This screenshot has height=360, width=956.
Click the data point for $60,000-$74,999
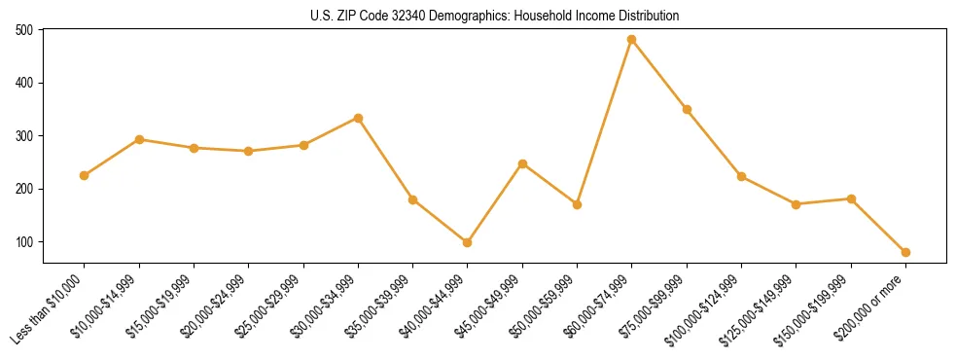coord(631,40)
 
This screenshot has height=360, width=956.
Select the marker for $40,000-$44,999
coord(468,242)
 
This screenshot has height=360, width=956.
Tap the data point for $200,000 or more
coord(905,252)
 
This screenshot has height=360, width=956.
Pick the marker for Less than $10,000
coord(85,176)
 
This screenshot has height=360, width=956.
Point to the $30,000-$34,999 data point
coord(358,119)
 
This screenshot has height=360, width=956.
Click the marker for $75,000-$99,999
coord(687,110)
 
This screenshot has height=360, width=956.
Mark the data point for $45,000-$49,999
coord(522,163)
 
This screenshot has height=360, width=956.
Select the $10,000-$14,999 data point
coord(139,140)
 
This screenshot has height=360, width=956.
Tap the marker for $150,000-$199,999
coord(851,198)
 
